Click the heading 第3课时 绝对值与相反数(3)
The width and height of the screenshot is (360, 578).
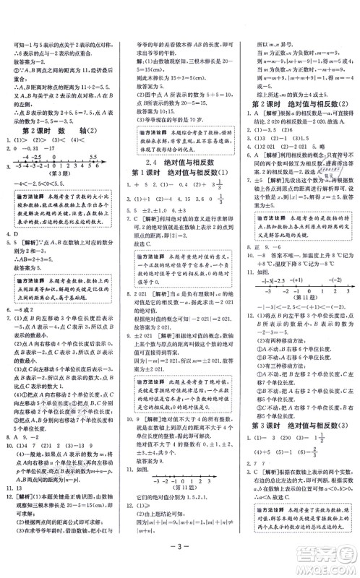point(297,415)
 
